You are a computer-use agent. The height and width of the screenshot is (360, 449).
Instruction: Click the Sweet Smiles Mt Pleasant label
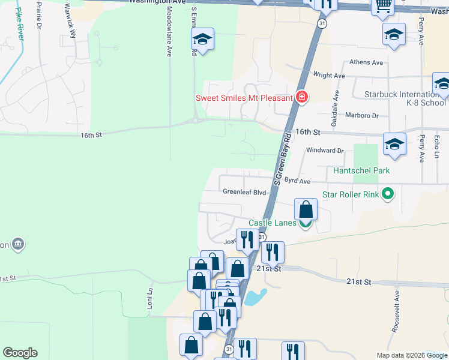pyautogui.click(x=244, y=98)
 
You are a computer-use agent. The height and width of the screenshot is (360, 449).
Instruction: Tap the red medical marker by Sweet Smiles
pyautogui.click(x=301, y=97)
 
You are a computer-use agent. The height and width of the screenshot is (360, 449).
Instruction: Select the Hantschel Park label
pyautogui.click(x=362, y=171)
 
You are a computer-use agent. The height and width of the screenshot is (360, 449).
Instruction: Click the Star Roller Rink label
pyautogui.click(x=351, y=194)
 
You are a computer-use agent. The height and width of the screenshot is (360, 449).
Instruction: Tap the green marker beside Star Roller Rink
pyautogui.click(x=388, y=194)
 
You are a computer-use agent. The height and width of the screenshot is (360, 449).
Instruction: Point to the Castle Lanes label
pyautogui.click(x=273, y=223)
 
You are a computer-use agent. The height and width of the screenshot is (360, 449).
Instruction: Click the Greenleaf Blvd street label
pyautogui.click(x=244, y=193)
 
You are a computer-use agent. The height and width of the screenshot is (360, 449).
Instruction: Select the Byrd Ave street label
pyautogui.click(x=297, y=181)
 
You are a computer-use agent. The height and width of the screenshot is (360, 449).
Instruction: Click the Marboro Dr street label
pyautogui.click(x=362, y=115)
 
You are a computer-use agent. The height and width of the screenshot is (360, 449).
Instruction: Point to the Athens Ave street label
pyautogui.click(x=366, y=62)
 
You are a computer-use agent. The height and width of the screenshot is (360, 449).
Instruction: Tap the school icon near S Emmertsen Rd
pyautogui.click(x=203, y=40)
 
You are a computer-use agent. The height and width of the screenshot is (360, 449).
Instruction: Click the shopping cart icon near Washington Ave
pyautogui.click(x=382, y=6)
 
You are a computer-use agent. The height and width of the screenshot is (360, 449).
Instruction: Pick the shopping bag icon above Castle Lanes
pyautogui.click(x=306, y=210)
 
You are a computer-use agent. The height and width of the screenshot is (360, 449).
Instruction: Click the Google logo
pyautogui.click(x=20, y=353)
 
